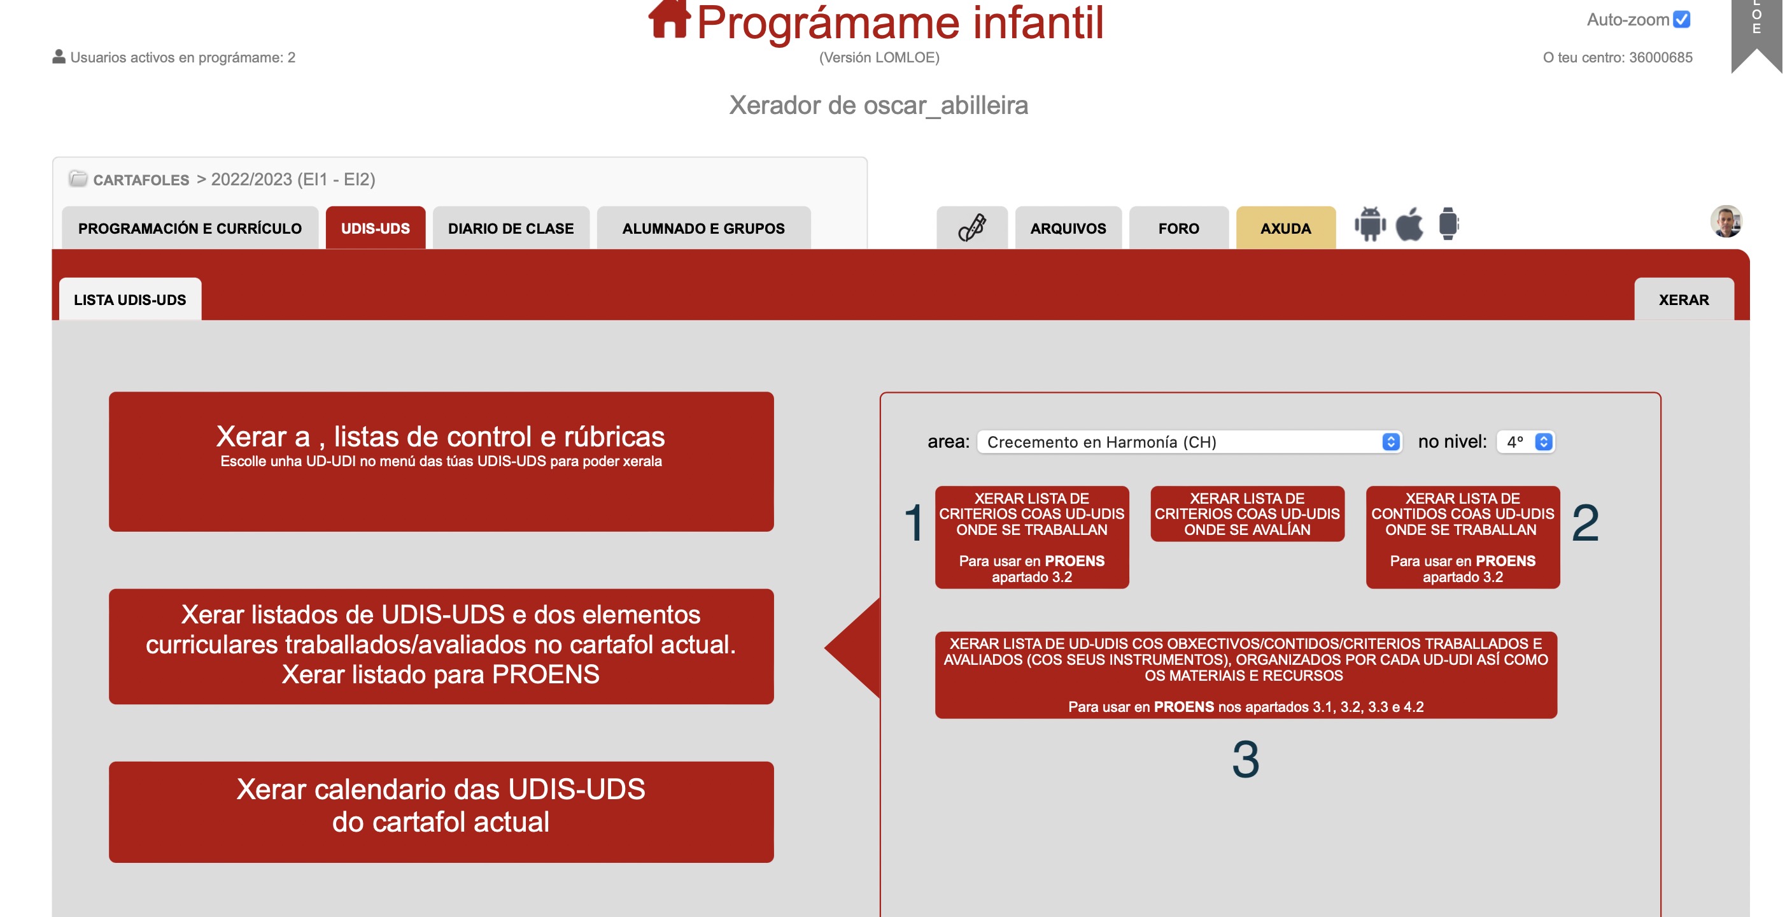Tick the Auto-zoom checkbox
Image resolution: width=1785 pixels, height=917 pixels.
pyautogui.click(x=1682, y=19)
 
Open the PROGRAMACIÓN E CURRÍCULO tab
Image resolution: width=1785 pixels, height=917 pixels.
pyautogui.click(x=190, y=228)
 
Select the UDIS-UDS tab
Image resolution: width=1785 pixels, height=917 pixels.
pyautogui.click(x=376, y=228)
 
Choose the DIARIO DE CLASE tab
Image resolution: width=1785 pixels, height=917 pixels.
pyautogui.click(x=511, y=228)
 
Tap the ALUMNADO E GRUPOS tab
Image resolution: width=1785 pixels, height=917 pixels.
pyautogui.click(x=703, y=228)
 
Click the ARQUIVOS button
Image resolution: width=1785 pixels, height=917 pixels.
pyautogui.click(x=1068, y=228)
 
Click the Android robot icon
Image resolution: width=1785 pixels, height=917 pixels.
pyautogui.click(x=1370, y=224)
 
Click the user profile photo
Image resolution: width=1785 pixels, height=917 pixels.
pyautogui.click(x=1726, y=222)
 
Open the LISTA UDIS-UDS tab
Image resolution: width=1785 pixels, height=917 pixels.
pyautogui.click(x=131, y=299)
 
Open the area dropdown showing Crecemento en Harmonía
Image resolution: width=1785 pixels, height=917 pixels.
pyautogui.click(x=1189, y=441)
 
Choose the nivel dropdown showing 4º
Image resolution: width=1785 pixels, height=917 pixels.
pyautogui.click(x=1525, y=441)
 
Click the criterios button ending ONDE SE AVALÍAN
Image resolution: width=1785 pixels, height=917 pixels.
pyautogui.click(x=1247, y=514)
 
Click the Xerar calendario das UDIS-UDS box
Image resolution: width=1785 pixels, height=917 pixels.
pyautogui.click(x=441, y=812)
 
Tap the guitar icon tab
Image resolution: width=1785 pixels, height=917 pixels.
pyautogui.click(x=971, y=228)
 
